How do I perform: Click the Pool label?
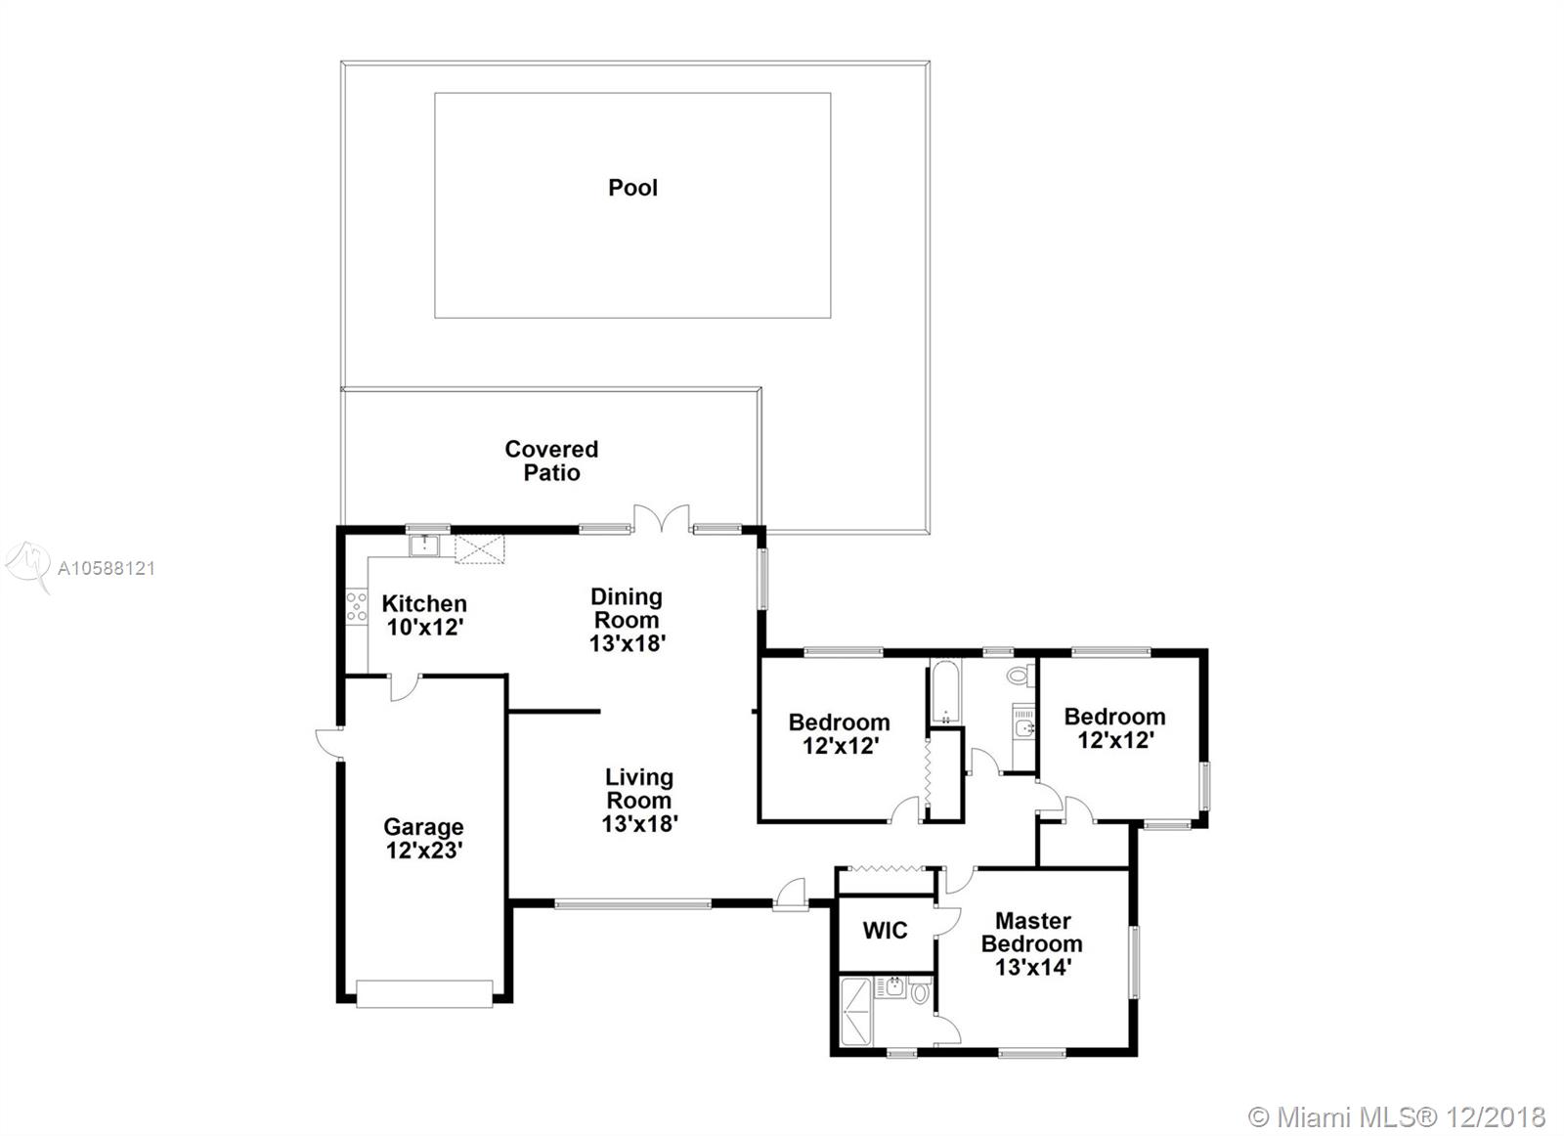tap(632, 188)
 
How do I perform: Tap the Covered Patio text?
tap(551, 460)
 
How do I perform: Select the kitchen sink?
tap(424, 546)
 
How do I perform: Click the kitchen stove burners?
tap(356, 607)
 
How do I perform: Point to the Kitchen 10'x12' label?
tap(424, 615)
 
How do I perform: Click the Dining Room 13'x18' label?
tap(627, 619)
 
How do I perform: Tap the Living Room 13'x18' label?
tap(639, 800)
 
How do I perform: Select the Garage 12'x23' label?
tap(424, 839)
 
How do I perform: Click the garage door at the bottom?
tap(424, 994)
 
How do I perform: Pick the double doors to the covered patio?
tap(661, 519)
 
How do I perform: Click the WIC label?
tap(885, 930)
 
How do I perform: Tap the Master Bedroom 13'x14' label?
tap(1032, 944)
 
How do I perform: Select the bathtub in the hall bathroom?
tap(945, 692)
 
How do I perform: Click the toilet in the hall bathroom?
tap(1020, 676)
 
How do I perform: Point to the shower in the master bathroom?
tap(856, 1012)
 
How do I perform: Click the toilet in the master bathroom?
tap(921, 991)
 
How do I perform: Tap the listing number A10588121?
tap(107, 568)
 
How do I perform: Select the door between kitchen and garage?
tap(405, 687)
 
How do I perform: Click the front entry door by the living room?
tap(791, 895)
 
